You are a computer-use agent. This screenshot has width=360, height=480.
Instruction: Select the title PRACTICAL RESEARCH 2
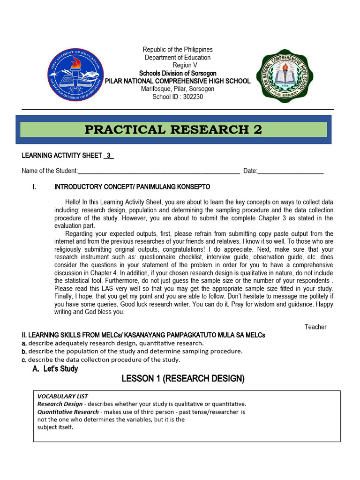[173, 130]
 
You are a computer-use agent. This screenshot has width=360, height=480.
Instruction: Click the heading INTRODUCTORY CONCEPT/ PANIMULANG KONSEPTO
[129, 187]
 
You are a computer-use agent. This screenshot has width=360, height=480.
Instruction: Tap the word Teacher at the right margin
[315, 327]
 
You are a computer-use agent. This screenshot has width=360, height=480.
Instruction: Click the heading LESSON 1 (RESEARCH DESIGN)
[183, 379]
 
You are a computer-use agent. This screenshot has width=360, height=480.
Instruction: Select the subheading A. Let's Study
[55, 369]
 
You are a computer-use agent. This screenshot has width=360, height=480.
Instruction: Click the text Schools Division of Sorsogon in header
[178, 73]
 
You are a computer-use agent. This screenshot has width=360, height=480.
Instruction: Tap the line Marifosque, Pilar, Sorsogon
[178, 89]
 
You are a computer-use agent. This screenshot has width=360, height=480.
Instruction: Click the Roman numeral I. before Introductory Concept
[34, 187]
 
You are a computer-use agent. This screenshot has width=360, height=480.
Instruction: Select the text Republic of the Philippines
[178, 49]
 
